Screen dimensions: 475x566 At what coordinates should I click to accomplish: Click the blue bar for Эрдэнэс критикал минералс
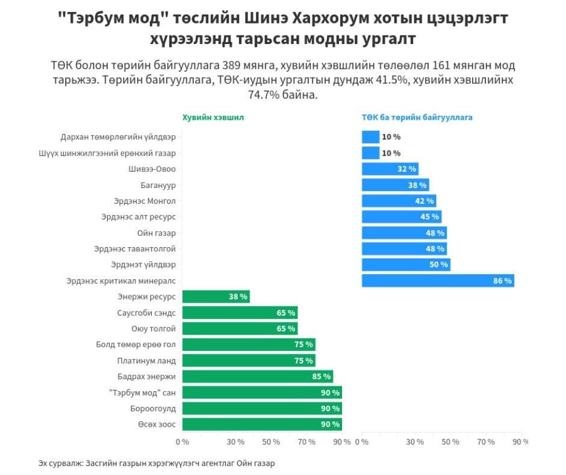[x=438, y=281]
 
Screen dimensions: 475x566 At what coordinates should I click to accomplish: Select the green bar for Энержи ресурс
[x=216, y=297]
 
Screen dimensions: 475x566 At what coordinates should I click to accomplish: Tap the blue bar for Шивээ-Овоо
[x=390, y=169]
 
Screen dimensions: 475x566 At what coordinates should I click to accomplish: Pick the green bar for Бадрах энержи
[x=257, y=377]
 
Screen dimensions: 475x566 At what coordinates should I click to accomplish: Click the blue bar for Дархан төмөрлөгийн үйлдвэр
[x=370, y=137]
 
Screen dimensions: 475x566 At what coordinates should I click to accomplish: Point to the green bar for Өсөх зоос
[x=262, y=424]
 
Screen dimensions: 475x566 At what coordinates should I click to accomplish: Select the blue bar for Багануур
[x=395, y=185]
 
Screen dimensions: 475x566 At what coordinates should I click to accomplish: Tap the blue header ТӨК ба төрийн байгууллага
[x=417, y=118]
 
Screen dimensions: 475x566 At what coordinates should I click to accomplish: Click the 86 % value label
[x=502, y=281]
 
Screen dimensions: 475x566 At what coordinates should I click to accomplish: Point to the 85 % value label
[x=322, y=377]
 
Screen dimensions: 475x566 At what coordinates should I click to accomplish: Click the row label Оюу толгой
[x=154, y=329]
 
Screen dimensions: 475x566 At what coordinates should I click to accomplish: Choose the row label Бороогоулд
[x=153, y=409]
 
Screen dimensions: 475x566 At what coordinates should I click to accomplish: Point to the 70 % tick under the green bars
[x=306, y=442]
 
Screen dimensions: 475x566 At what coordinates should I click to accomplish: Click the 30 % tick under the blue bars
[x=414, y=442]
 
